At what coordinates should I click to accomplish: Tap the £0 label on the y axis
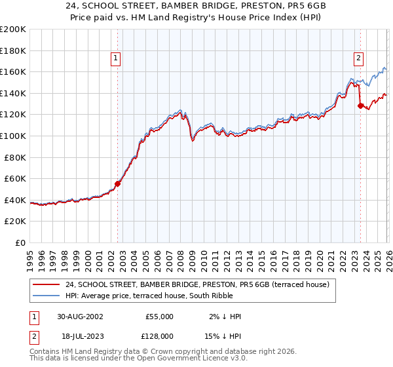(x=21, y=242)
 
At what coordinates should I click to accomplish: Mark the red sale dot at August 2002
(x=118, y=183)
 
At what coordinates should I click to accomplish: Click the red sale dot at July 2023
(x=360, y=106)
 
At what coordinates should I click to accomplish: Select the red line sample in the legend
(x=47, y=284)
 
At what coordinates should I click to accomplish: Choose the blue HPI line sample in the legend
(x=47, y=296)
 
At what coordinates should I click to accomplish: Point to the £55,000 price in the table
(x=159, y=317)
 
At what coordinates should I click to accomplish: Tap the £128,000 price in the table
(x=159, y=338)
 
